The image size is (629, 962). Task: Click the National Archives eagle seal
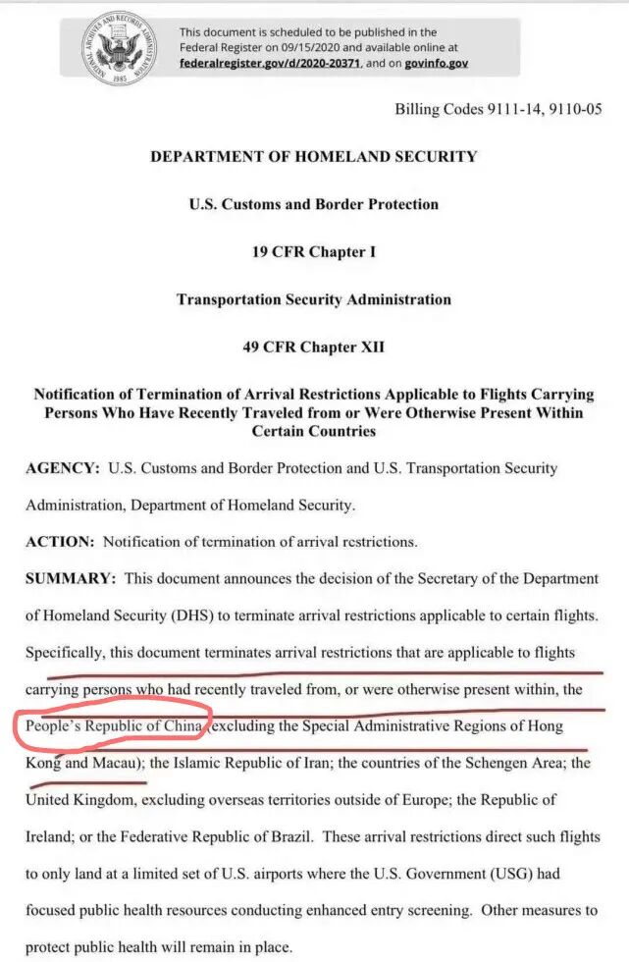pyautogui.click(x=123, y=48)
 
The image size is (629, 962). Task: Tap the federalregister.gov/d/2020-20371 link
pyautogui.click(x=271, y=62)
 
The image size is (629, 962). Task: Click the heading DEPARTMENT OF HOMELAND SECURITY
pyautogui.click(x=314, y=156)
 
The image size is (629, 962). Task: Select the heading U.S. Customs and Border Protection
pyautogui.click(x=314, y=204)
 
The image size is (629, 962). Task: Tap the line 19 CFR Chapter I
pyautogui.click(x=314, y=251)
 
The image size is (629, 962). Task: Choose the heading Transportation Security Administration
pyautogui.click(x=314, y=299)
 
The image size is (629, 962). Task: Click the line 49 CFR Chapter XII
pyautogui.click(x=314, y=347)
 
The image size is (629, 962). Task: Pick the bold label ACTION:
pyautogui.click(x=62, y=541)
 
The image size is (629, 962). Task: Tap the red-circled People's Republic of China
pyautogui.click(x=113, y=726)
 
